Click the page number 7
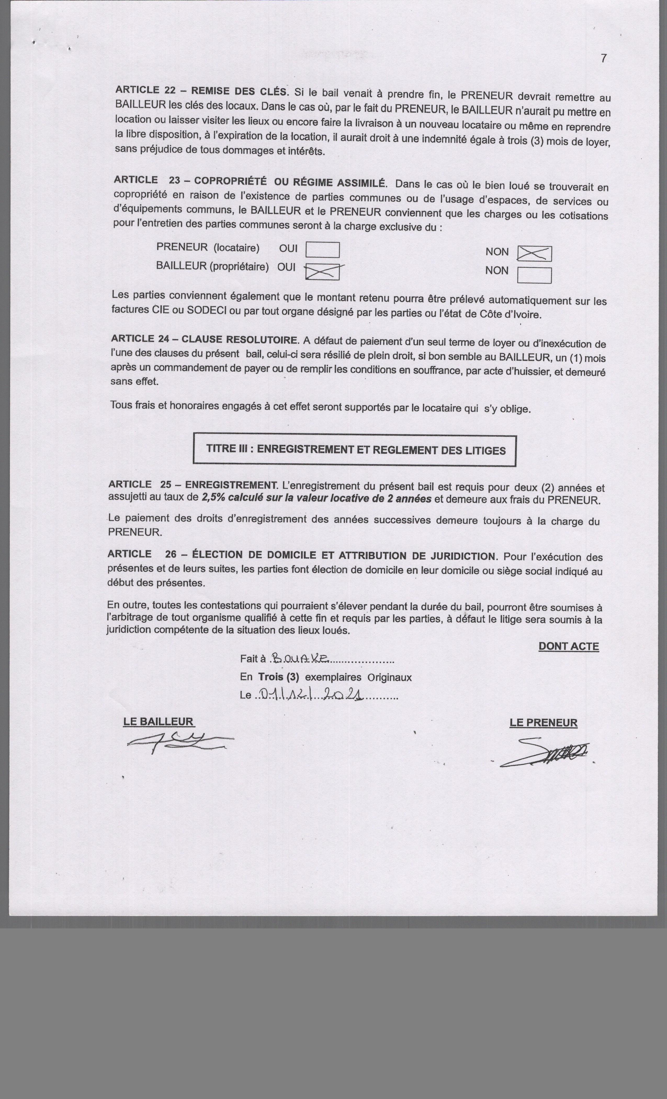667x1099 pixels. click(603, 58)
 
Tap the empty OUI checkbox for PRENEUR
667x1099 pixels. click(322, 250)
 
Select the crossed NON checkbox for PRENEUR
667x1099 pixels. click(534, 254)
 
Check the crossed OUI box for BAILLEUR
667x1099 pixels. click(322, 272)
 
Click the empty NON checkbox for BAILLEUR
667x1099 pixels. click(534, 275)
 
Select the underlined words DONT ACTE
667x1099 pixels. click(568, 646)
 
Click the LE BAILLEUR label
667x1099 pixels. click(159, 722)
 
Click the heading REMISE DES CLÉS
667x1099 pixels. click(240, 91)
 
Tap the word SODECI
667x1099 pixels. click(207, 310)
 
